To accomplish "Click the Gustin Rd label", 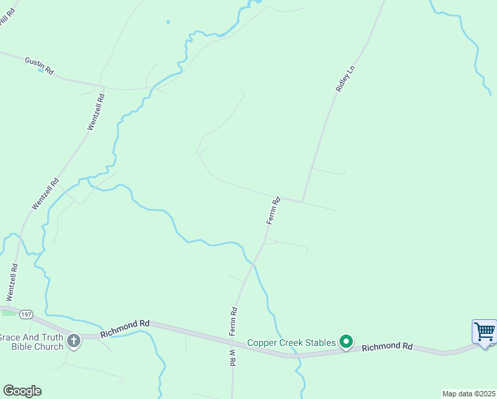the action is pos(39,65).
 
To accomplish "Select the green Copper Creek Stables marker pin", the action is pos(346,342).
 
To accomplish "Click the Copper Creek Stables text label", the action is pos(291,342).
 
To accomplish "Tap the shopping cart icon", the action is pos(484,331).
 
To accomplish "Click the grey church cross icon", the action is pos(73,341).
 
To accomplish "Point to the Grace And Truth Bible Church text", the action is pos(32,342).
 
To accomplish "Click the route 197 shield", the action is pos(26,313).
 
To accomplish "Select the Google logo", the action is pos(22,390).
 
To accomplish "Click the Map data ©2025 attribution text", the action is pos(468,393).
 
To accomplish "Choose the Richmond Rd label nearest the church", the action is pos(125,329).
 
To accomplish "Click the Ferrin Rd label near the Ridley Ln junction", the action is pos(273,209).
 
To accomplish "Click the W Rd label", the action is pos(232,357).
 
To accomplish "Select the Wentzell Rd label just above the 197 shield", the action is pos(12,281).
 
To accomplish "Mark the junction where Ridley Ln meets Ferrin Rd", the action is pos(302,201).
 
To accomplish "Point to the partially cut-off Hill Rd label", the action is pos(7,17).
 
